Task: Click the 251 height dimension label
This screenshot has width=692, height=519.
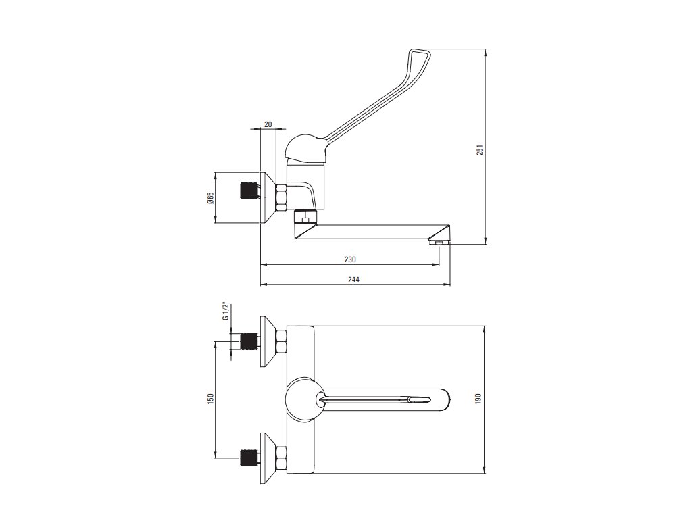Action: click(479, 151)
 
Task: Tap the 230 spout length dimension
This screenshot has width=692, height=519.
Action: click(349, 259)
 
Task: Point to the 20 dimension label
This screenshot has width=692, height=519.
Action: click(268, 124)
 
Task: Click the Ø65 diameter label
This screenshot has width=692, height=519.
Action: click(210, 198)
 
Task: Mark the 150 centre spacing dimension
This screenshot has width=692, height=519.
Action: click(210, 399)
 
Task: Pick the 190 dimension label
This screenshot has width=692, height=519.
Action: click(478, 399)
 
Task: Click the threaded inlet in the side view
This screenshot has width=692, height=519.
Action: click(249, 191)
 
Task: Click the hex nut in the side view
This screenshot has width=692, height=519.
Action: click(281, 198)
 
